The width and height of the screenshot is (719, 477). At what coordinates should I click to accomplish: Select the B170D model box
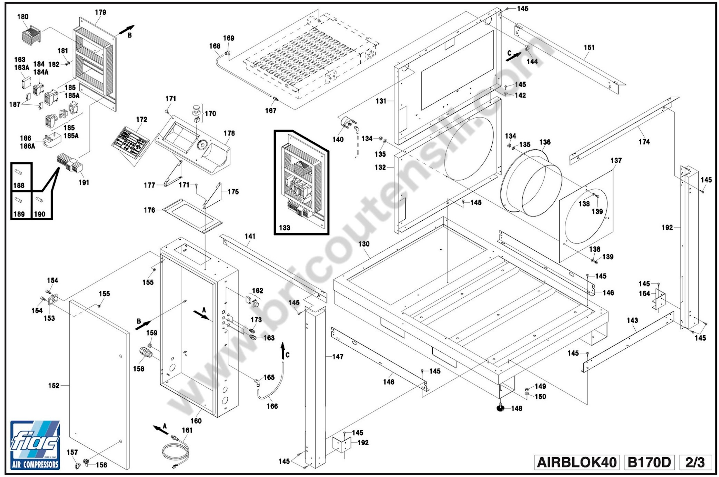pyautogui.click(x=649, y=462)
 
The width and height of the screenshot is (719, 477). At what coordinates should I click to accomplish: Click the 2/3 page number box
pyautogui.click(x=695, y=462)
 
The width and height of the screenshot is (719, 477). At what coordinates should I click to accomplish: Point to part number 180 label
pyautogui.click(x=23, y=17)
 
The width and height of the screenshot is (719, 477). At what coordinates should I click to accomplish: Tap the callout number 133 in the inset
pyautogui.click(x=285, y=228)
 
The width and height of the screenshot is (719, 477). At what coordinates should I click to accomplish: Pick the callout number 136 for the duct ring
pyautogui.click(x=545, y=142)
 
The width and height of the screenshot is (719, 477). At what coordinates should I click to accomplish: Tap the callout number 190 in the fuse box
pyautogui.click(x=39, y=214)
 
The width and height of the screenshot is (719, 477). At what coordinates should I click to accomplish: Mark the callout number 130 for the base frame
pyautogui.click(x=364, y=244)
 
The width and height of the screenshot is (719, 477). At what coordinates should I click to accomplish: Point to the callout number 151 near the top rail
pyautogui.click(x=589, y=47)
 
